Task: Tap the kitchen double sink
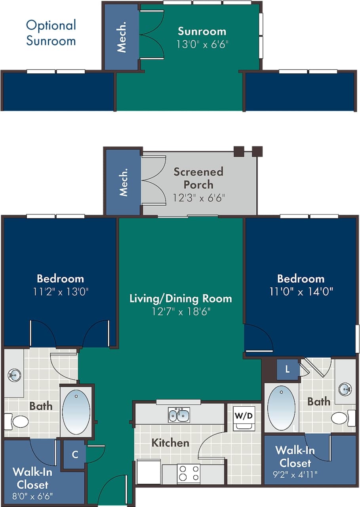[179, 415]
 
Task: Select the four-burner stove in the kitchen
[188, 473]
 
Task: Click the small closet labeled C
[75, 455]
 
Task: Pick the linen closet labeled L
[288, 369]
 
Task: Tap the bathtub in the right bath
[281, 408]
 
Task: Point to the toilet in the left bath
[17, 421]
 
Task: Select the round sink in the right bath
[345, 389]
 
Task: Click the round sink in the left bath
[14, 375]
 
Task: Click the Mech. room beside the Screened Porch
[123, 182]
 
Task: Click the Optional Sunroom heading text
[51, 33]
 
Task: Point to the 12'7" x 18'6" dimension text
[181, 312]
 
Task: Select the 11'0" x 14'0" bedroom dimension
[301, 292]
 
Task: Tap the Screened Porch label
[198, 178]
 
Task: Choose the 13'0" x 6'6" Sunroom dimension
[202, 44]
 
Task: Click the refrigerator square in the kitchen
[149, 472]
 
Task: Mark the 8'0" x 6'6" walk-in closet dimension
[32, 496]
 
